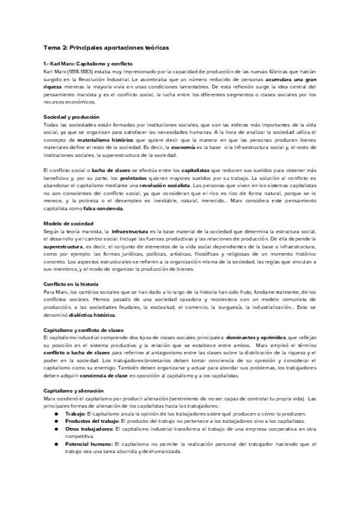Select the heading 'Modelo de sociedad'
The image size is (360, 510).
tap(67, 224)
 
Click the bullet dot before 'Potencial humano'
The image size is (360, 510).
tap(56, 443)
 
